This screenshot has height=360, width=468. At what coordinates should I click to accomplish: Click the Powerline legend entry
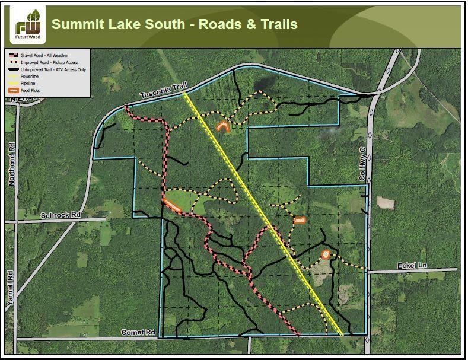(x=29, y=77)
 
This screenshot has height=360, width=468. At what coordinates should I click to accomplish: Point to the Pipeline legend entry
(x=28, y=84)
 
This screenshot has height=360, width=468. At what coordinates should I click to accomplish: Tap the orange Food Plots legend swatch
(x=14, y=91)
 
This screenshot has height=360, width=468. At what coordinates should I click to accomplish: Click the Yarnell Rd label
(x=10, y=288)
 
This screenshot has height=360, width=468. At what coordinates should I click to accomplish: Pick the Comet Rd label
(x=138, y=333)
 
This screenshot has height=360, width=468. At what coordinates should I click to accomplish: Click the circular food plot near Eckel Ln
(x=325, y=254)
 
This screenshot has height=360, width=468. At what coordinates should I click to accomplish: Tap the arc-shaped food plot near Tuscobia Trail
(x=224, y=126)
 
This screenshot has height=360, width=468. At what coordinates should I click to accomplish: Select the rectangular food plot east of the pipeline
(x=300, y=221)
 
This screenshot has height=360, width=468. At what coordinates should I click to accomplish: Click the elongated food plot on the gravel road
(x=173, y=205)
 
